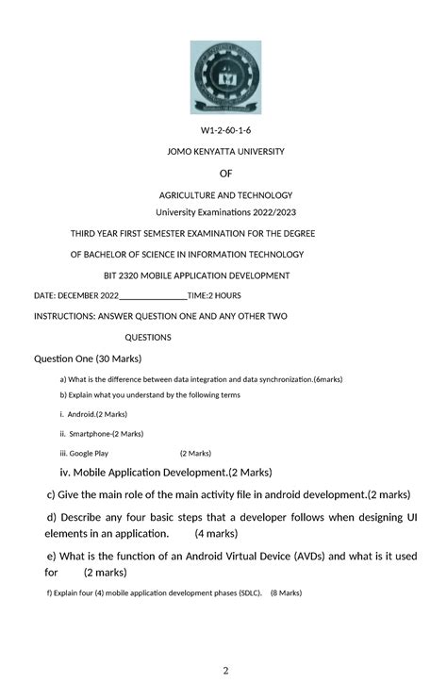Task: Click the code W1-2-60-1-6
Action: coord(224,129)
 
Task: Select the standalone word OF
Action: coord(225,174)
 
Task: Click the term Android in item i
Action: coord(82,414)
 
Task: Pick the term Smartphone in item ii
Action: coord(90,434)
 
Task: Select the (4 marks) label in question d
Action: coord(217,533)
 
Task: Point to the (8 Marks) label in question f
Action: coord(286,593)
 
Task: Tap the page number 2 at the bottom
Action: coord(226,671)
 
